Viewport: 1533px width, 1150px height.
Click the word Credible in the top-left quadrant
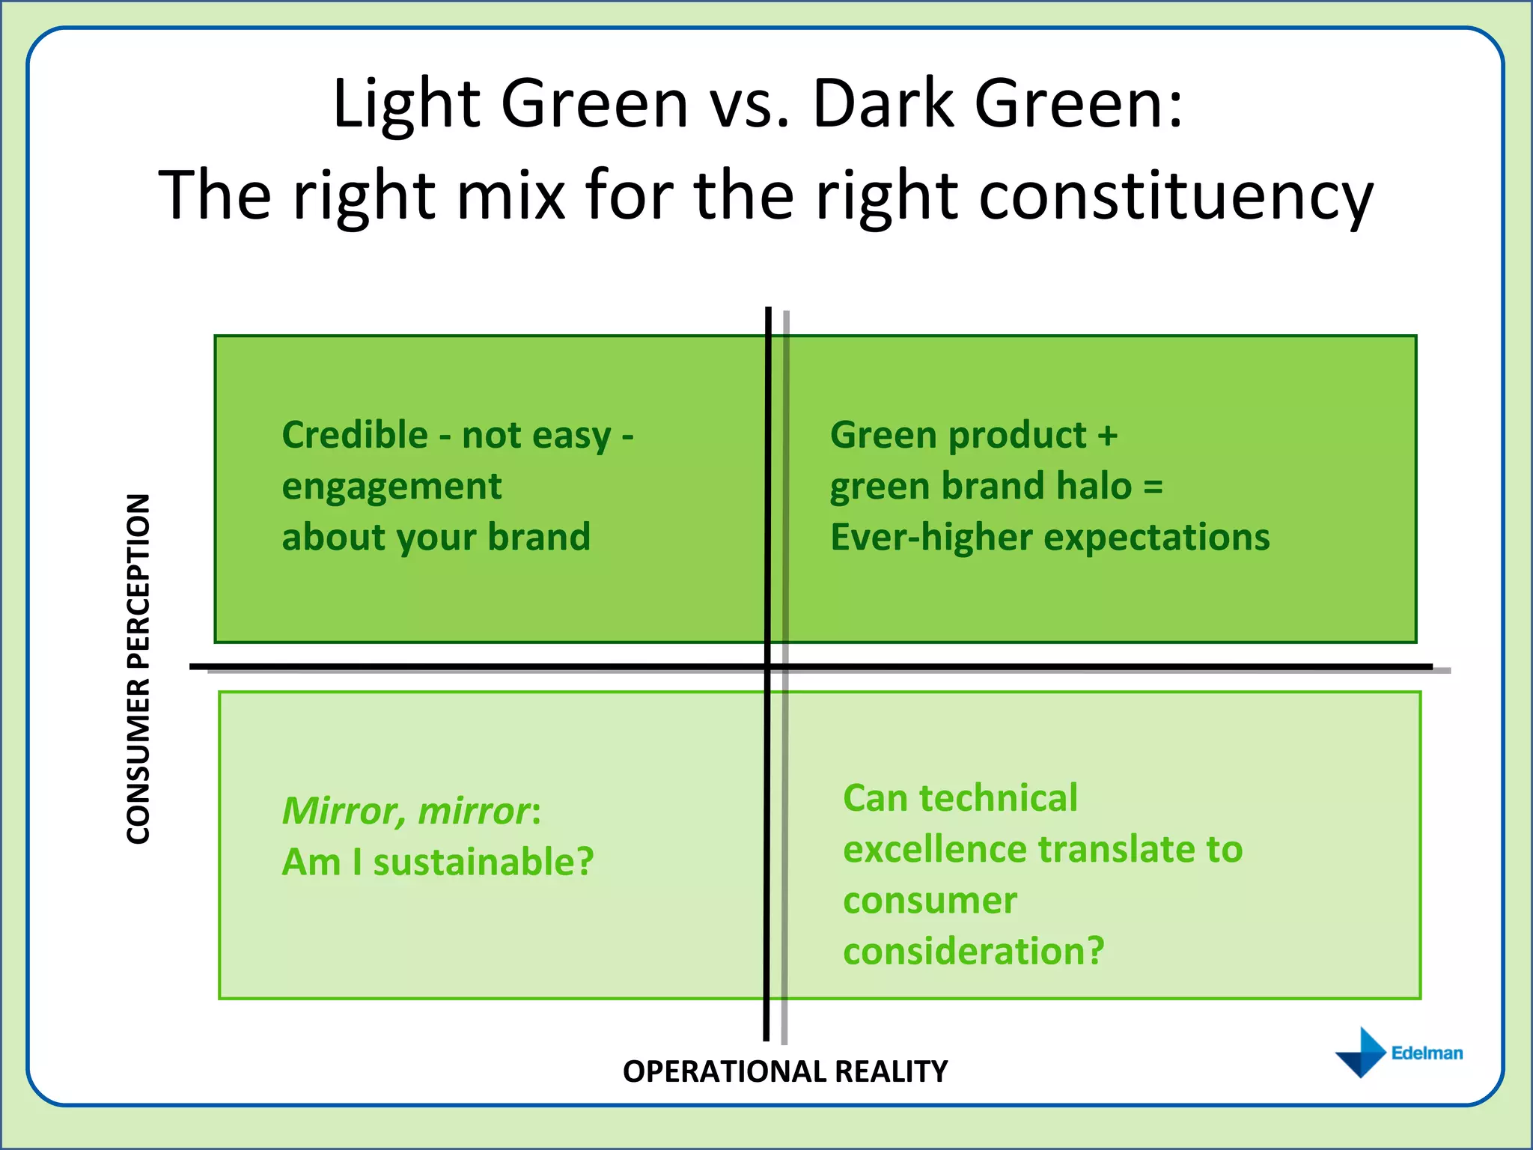355,435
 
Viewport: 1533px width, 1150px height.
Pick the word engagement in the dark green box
391,487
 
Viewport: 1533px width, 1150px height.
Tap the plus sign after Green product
1107,436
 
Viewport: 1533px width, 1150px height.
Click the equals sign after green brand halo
1153,487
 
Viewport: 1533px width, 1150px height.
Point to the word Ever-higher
931,538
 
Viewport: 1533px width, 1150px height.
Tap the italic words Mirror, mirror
406,811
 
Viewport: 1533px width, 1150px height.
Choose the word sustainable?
484,862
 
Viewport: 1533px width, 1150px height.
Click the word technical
999,798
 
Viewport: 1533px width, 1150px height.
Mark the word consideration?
973,952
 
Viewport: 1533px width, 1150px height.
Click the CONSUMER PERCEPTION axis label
139,669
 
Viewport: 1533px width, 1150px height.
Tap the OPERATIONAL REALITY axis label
785,1071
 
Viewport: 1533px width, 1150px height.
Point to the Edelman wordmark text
1427,1053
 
